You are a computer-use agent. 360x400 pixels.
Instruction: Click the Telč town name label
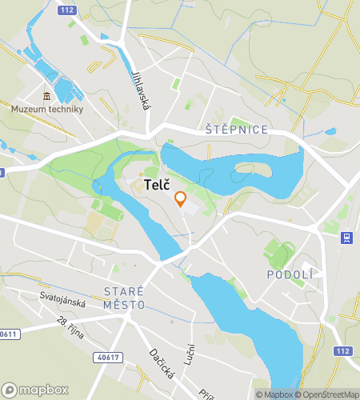click(x=156, y=185)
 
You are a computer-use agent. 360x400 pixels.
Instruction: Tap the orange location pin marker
click(x=181, y=199)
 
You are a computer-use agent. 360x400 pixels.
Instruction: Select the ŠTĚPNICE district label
click(x=236, y=130)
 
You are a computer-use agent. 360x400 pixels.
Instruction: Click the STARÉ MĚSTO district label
click(x=124, y=298)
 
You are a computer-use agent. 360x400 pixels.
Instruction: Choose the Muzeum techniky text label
click(x=47, y=110)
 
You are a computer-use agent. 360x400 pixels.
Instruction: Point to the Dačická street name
click(x=161, y=364)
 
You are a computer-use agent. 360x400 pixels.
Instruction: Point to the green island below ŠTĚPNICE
click(x=252, y=170)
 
